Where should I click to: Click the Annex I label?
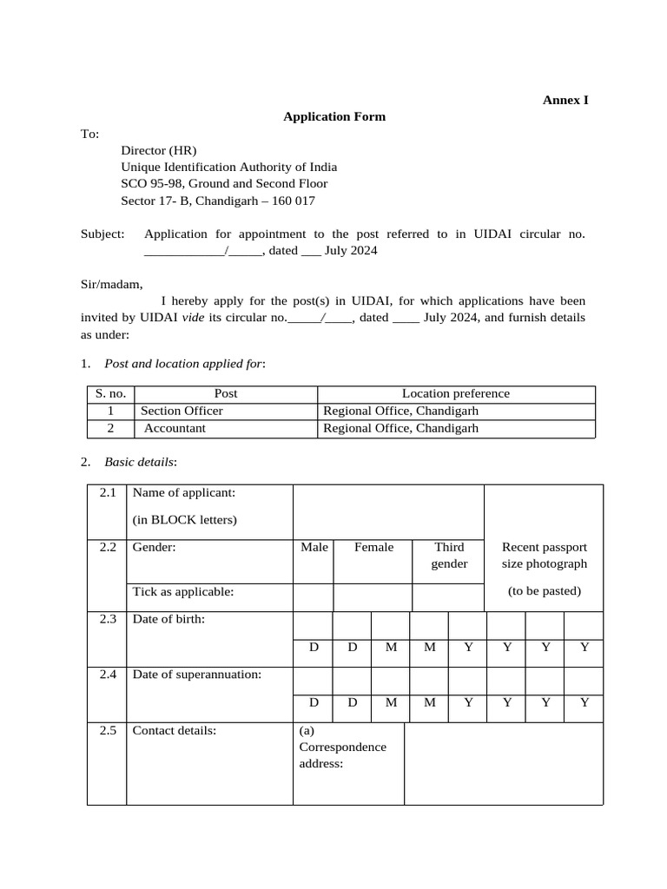(565, 100)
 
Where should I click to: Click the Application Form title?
(334, 116)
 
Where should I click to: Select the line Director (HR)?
(165, 150)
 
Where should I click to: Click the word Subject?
(102, 234)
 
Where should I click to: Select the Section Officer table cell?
(182, 411)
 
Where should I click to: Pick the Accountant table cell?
(175, 428)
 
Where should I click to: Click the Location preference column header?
(456, 393)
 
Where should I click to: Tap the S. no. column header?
(110, 393)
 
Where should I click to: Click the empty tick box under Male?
(314, 597)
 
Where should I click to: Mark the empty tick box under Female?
(373, 597)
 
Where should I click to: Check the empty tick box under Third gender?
(448, 597)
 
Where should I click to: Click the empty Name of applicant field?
(388, 511)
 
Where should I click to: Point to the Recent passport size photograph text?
(545, 556)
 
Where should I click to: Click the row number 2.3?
(108, 620)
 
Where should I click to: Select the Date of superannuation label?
(197, 675)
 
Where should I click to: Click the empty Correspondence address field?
(504, 763)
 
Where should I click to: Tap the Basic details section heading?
(140, 462)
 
